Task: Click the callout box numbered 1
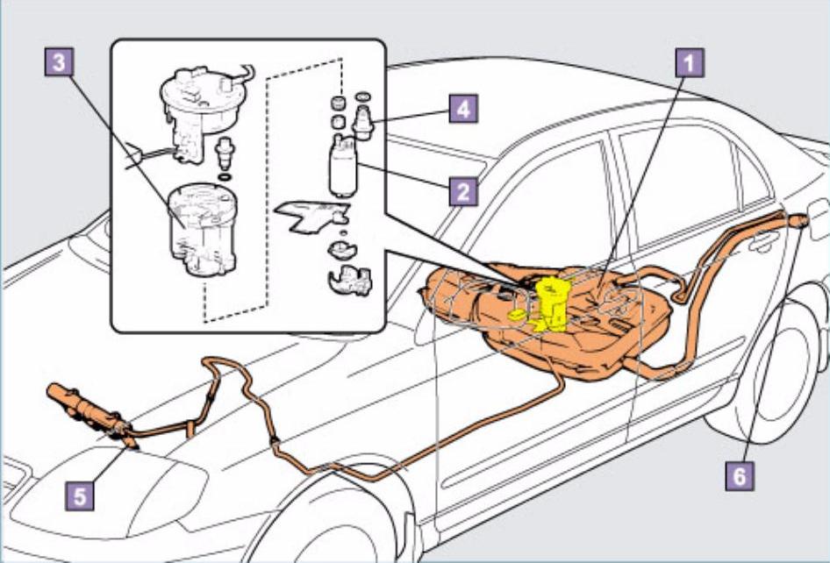tap(690, 62)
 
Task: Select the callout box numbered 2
tap(463, 190)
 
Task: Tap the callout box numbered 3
tap(57, 62)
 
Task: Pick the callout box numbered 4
tap(463, 110)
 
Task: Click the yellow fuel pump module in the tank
tap(553, 303)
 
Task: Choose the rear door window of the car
tap(676, 184)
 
